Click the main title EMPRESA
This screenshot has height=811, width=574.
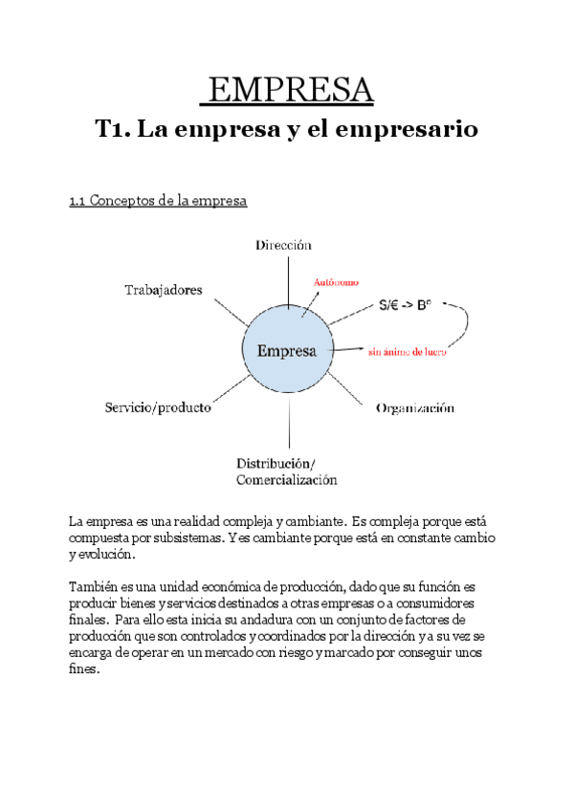click(x=287, y=91)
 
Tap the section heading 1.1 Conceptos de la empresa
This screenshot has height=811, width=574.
click(x=158, y=201)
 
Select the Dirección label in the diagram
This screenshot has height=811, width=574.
click(x=283, y=246)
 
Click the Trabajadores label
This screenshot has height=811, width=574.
click(x=164, y=290)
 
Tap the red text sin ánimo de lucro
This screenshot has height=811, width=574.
click(x=408, y=351)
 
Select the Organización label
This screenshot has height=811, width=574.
click(x=414, y=408)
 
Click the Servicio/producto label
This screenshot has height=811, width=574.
click(x=158, y=407)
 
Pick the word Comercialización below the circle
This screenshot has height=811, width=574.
click(x=287, y=480)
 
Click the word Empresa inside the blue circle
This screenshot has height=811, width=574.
click(x=287, y=351)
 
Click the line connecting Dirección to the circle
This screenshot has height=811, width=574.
click(x=287, y=277)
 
